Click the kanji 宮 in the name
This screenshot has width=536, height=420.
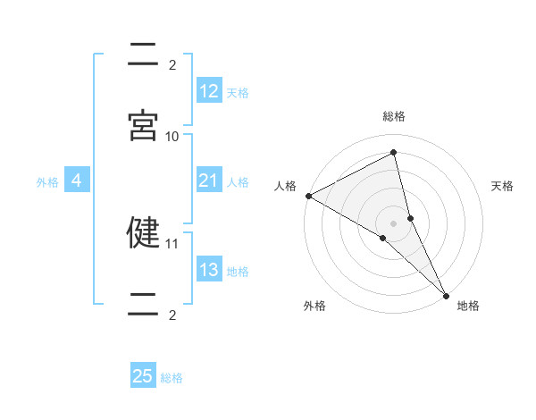coord(143,125)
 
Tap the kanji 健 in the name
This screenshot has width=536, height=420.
coord(143,232)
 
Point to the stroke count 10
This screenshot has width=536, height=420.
coord(172,136)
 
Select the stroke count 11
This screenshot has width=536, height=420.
coord(172,243)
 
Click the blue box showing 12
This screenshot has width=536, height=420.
coord(209,91)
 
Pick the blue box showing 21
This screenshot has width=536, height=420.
coord(209,181)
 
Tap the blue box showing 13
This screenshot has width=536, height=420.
coord(209,271)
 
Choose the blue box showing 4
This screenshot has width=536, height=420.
coord(77,181)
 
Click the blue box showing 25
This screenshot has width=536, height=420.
coord(143,376)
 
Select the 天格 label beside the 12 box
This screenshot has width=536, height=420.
coord(238,93)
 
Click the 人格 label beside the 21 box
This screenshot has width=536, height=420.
coord(238,182)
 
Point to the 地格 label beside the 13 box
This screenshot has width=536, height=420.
coord(238,272)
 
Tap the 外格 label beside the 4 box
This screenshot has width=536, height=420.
coord(47,182)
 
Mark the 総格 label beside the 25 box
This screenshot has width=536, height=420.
coord(172,378)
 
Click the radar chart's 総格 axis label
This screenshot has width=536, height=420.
coord(394,116)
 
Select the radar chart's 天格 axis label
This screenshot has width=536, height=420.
coord(502,186)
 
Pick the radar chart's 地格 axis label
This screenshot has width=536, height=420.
coord(468,306)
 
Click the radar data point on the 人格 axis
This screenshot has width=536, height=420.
coord(308,196)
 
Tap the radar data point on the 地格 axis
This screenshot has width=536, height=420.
coord(447,294)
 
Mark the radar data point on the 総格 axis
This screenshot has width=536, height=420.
coord(394,153)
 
